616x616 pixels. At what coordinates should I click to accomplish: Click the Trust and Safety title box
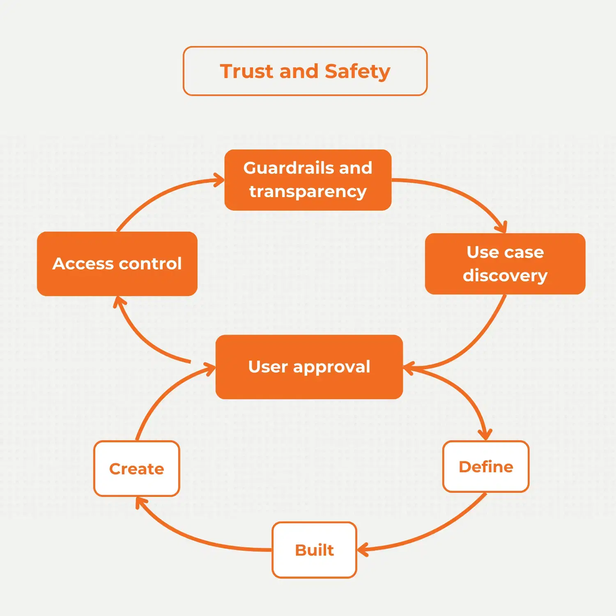pyautogui.click(x=305, y=71)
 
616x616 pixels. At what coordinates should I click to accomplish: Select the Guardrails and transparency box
pyautogui.click(x=308, y=180)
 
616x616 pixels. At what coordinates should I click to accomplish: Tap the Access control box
pyautogui.click(x=117, y=264)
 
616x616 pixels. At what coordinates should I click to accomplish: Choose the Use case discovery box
pyautogui.click(x=505, y=264)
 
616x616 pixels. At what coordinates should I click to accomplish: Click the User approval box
pyautogui.click(x=309, y=367)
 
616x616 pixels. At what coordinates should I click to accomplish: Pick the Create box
pyautogui.click(x=137, y=469)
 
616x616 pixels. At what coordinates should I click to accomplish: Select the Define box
pyautogui.click(x=486, y=467)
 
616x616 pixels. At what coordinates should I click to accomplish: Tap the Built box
pyautogui.click(x=315, y=550)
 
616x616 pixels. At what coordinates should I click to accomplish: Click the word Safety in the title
pyautogui.click(x=357, y=71)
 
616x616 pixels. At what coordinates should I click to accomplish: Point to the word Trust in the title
pyautogui.click(x=247, y=71)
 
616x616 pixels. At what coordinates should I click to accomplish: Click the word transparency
pyautogui.click(x=308, y=192)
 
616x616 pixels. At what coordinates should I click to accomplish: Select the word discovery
pyautogui.click(x=505, y=276)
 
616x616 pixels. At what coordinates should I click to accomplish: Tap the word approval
pyautogui.click(x=332, y=367)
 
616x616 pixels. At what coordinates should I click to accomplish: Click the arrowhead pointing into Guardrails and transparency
pyautogui.click(x=221, y=180)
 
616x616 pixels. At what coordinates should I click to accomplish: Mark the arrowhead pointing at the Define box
pyautogui.click(x=485, y=435)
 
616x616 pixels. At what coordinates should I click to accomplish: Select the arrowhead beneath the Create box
pyautogui.click(x=140, y=502)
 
